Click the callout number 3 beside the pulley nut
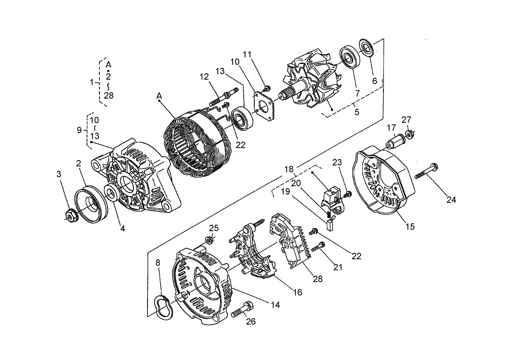59,174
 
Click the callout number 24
451,200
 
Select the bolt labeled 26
243,311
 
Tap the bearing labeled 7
349,57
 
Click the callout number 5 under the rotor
357,112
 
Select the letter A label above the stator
159,95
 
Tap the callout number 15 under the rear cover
410,226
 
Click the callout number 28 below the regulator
317,279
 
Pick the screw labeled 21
319,246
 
